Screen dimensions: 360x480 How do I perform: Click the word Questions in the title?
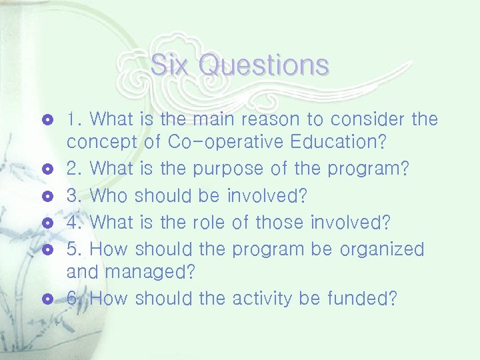click(x=263, y=65)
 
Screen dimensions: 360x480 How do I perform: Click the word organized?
click(x=381, y=249)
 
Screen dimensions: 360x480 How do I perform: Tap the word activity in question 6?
click(x=263, y=299)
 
